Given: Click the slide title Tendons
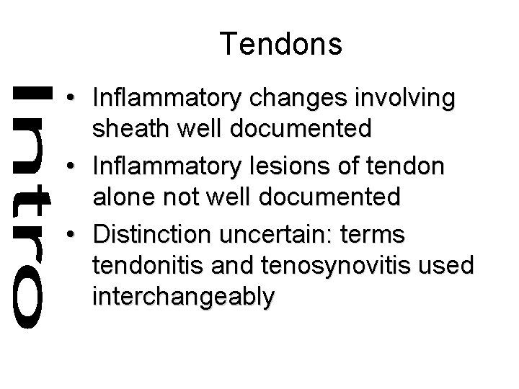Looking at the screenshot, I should click(x=282, y=44).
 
